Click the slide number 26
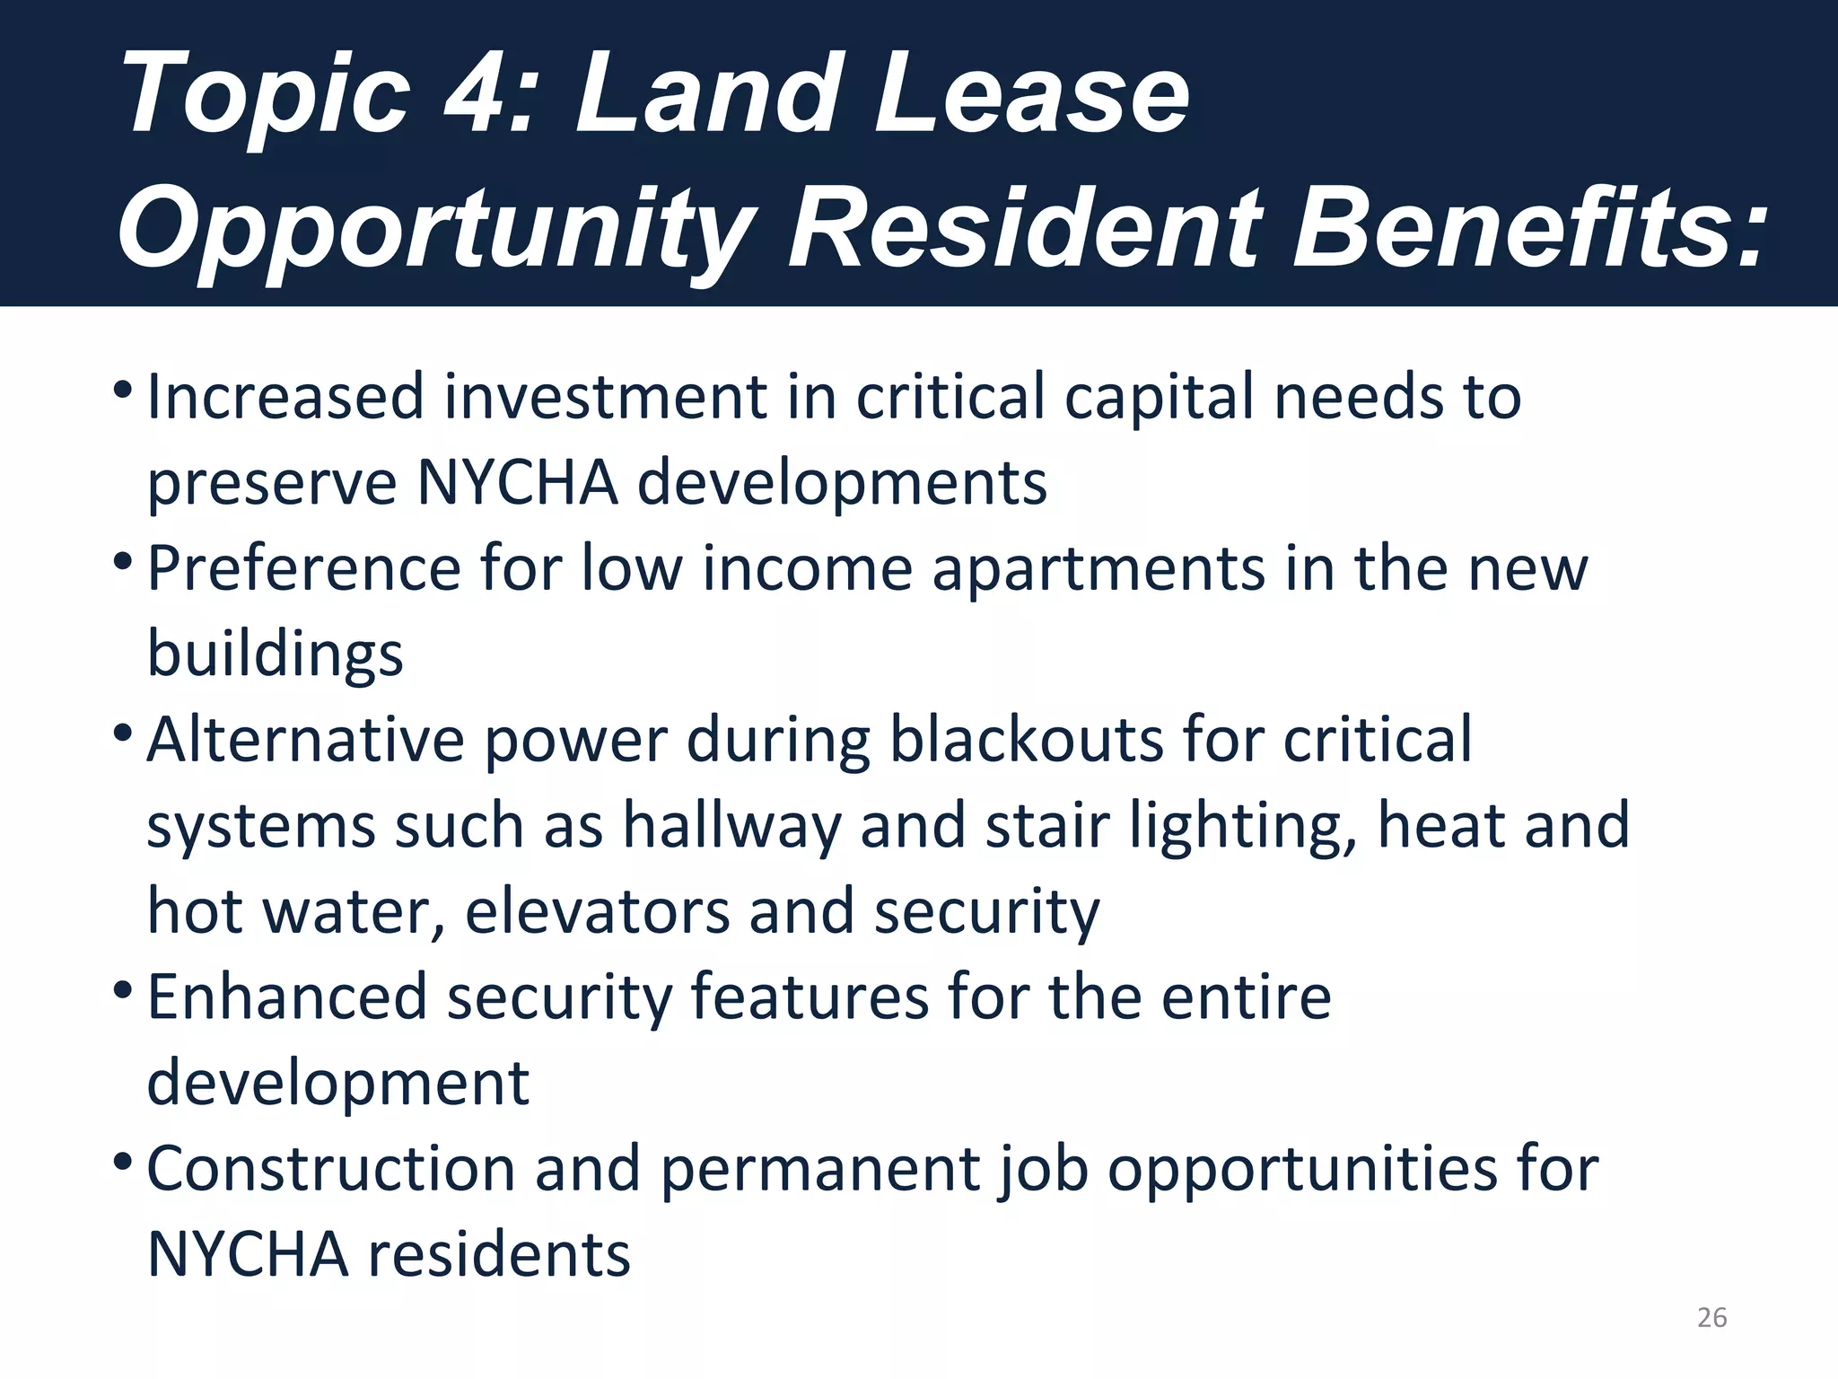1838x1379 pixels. click(x=1711, y=1317)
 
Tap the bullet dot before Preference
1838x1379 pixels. click(x=124, y=563)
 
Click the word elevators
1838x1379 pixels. click(x=596, y=912)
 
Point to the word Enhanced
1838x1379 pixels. click(x=286, y=997)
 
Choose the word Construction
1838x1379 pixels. click(x=330, y=1169)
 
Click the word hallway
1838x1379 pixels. click(x=732, y=827)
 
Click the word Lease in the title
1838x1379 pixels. click(x=1031, y=93)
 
